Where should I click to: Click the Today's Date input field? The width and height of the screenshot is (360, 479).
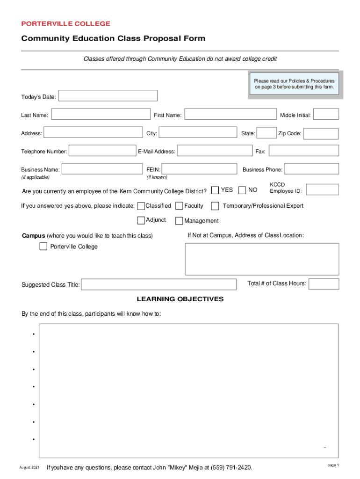tap(108, 96)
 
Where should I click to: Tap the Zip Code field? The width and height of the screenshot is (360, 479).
tap(321, 134)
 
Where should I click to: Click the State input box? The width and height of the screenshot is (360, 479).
tap(267, 133)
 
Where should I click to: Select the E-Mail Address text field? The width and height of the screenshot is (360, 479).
tap(215, 151)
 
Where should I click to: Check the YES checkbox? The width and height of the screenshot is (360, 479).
tap(215, 190)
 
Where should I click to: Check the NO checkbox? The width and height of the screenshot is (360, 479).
tap(242, 190)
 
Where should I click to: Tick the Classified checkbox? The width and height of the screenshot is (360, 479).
tap(141, 206)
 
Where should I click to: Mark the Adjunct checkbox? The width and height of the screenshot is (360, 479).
tap(141, 221)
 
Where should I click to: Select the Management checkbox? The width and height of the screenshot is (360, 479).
tap(179, 221)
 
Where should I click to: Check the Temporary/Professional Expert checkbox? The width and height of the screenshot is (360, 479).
tap(215, 206)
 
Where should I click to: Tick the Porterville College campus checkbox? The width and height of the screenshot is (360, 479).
tap(43, 247)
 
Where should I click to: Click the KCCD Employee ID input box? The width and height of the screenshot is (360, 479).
tap(322, 189)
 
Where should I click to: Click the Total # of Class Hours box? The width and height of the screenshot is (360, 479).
tap(324, 284)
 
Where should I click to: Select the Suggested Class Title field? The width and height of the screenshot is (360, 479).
tap(159, 284)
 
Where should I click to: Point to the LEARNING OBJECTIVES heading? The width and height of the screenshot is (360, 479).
tap(180, 299)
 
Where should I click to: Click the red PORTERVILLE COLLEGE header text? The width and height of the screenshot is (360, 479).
tap(66, 23)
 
